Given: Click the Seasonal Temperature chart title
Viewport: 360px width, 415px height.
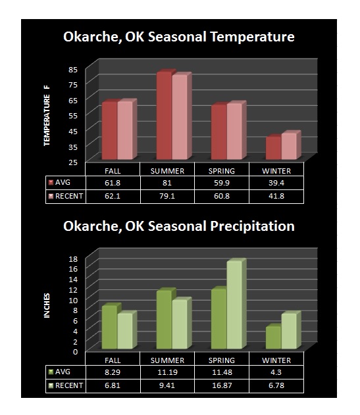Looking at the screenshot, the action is click(x=179, y=37).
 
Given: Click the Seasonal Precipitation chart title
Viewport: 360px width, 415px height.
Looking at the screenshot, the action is click(x=179, y=226).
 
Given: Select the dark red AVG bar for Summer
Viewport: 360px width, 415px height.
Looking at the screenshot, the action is click(x=164, y=116).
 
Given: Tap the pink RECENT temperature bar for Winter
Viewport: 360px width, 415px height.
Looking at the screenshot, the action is click(x=289, y=147).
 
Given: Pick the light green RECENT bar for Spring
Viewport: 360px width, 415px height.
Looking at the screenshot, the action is click(x=234, y=305).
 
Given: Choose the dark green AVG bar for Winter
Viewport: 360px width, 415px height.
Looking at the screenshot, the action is click(x=273, y=337).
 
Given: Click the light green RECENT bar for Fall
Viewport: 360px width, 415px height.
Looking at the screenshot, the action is click(x=125, y=331).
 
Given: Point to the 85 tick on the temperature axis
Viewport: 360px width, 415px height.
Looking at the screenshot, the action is click(x=73, y=70).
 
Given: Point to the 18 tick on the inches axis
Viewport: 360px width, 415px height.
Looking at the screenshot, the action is click(x=73, y=259).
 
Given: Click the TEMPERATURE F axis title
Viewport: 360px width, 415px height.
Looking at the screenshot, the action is click(x=47, y=116).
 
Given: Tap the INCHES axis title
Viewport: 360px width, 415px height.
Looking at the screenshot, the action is click(x=47, y=305).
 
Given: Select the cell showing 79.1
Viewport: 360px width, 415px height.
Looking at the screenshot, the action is click(x=167, y=197).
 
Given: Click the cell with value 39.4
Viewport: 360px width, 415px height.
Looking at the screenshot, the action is click(x=276, y=183).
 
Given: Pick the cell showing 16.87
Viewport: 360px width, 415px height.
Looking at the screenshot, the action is click(x=222, y=385).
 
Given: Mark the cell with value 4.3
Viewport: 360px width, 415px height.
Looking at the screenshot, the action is click(x=276, y=372).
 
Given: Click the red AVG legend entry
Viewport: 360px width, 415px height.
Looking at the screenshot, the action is click(x=60, y=182).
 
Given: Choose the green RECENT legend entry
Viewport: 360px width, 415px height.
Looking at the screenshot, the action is click(x=66, y=385).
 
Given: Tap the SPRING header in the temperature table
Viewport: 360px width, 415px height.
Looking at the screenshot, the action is click(x=222, y=171).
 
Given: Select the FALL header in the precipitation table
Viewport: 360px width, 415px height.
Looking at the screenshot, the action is click(x=113, y=360).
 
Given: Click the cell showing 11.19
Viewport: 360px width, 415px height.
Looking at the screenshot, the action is click(x=167, y=372).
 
